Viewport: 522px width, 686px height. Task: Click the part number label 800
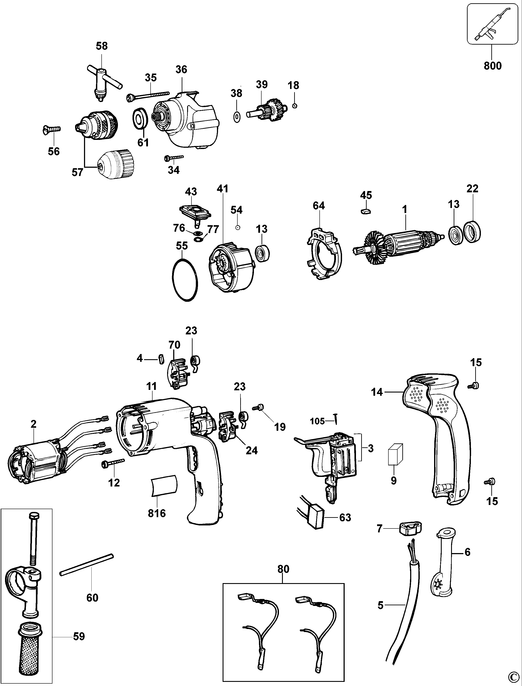(x=492, y=66)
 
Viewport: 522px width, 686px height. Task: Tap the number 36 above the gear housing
(x=181, y=69)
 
